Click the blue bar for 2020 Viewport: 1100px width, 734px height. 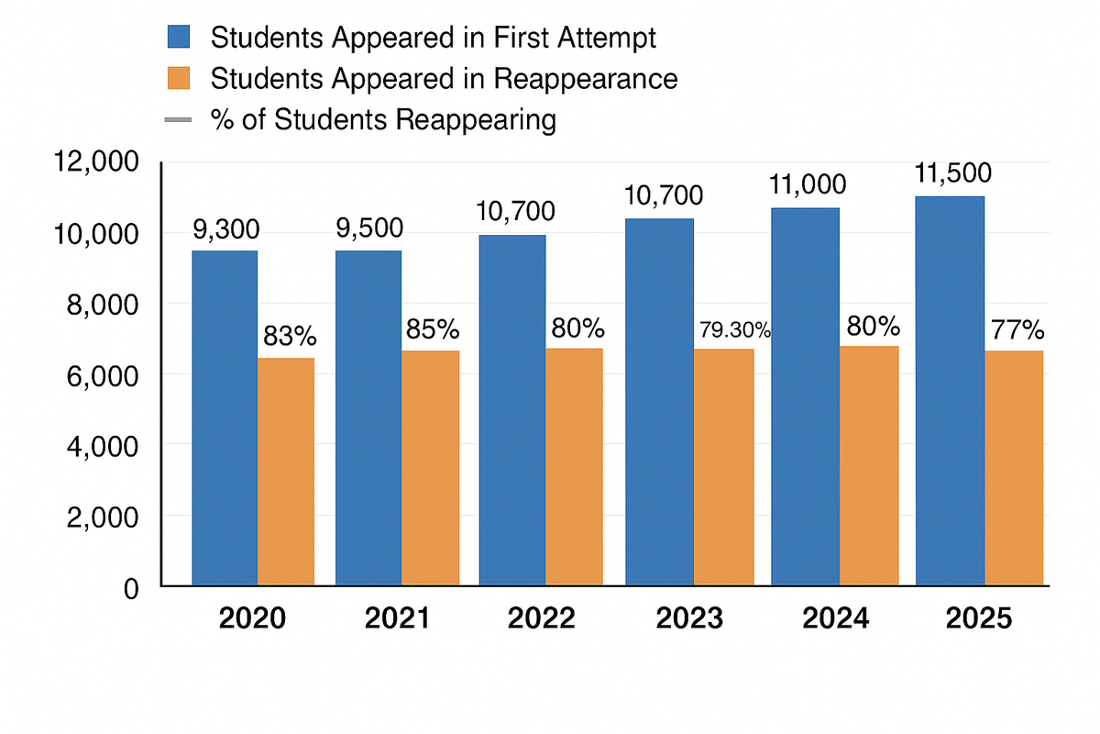225,417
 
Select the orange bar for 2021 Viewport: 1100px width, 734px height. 430,468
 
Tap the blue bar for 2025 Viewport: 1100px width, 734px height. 950,390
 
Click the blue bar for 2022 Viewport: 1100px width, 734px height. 512,409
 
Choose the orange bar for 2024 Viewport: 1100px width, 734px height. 868,465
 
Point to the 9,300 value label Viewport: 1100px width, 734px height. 226,229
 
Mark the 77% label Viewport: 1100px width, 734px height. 1015,329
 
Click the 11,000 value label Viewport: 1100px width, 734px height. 807,186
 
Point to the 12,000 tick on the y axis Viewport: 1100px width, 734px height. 95,163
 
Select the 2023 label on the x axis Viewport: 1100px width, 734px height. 689,618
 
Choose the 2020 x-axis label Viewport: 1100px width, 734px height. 253,618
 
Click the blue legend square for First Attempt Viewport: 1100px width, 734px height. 178,38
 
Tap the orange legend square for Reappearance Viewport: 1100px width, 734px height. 178,78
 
